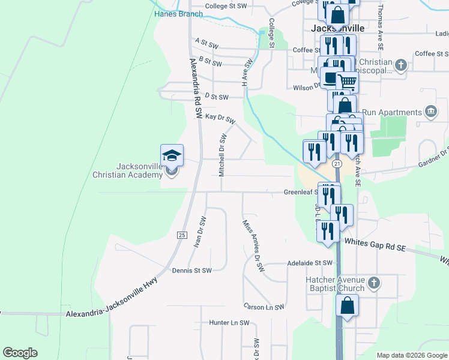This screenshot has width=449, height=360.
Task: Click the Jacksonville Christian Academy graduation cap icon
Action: tap(172, 155)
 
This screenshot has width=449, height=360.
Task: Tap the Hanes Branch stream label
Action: tap(178, 14)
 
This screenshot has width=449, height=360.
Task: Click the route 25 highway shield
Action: tap(181, 235)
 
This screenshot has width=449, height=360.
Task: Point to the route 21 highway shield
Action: tap(337, 163)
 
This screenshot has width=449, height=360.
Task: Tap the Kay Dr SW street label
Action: tap(220, 117)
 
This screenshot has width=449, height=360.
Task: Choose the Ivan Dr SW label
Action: tap(200, 232)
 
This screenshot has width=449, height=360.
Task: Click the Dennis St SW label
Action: tap(191, 271)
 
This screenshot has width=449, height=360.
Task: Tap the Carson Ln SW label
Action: tap(264, 307)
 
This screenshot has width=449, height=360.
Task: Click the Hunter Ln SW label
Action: tap(229, 323)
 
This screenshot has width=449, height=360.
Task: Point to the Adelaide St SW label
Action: tap(310, 263)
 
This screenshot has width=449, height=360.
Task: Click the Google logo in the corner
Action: tap(20, 353)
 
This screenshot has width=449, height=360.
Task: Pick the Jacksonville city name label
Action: tap(338, 28)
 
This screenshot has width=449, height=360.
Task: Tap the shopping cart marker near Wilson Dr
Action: tap(346, 82)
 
